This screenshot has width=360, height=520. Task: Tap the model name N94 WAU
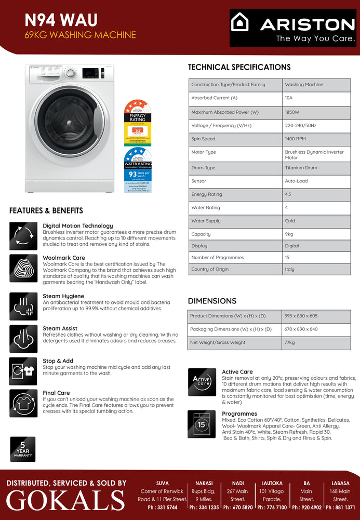pyautogui.click(x=61, y=20)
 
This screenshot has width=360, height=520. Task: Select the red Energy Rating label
pyautogui.click(x=138, y=122)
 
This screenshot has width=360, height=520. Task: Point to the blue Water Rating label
pyautogui.click(x=138, y=170)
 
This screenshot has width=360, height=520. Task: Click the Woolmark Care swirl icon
pyautogui.click(x=23, y=268)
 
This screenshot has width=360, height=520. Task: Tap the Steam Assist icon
pyautogui.click(x=23, y=339)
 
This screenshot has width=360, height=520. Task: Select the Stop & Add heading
pyautogui.click(x=58, y=361)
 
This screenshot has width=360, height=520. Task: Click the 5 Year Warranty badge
pyautogui.click(x=23, y=448)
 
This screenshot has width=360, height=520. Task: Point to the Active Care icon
pyautogui.click(x=202, y=382)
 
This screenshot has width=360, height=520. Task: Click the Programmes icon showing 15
pyautogui.click(x=202, y=424)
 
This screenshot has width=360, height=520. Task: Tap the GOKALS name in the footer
pyautogui.click(x=65, y=500)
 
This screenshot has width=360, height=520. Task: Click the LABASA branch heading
pyautogui.click(x=340, y=483)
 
